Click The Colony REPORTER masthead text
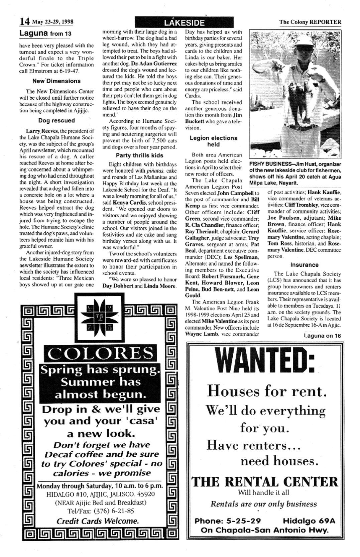click(x=310, y=22)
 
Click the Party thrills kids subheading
click(x=139, y=155)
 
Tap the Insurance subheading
click(x=304, y=265)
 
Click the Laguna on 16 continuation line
click(x=322, y=336)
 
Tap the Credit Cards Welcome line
click(x=98, y=521)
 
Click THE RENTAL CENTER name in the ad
click(x=265, y=482)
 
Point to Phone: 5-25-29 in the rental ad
click(x=228, y=521)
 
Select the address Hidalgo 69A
click(x=309, y=521)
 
